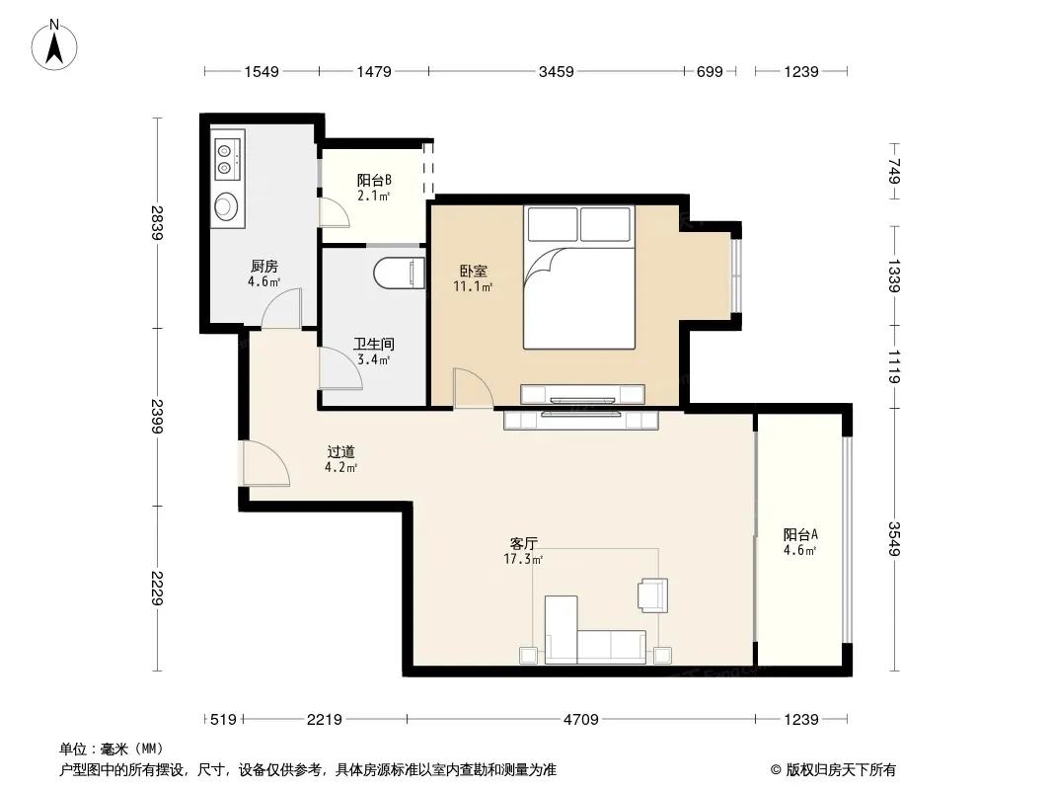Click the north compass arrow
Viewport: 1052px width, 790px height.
click(54, 48)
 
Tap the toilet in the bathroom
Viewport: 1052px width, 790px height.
click(400, 273)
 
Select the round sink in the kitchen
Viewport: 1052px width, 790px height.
click(225, 205)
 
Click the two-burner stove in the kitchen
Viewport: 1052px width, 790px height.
click(226, 158)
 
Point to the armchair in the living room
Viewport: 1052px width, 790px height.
click(652, 595)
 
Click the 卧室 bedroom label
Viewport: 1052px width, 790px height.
click(473, 272)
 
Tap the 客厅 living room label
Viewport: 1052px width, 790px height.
click(523, 543)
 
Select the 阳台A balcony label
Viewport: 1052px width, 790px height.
click(800, 534)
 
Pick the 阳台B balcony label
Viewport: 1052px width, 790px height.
click(374, 180)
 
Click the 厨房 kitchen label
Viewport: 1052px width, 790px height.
click(263, 267)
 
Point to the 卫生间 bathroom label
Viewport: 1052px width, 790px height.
click(374, 345)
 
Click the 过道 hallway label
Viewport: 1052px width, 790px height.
click(340, 452)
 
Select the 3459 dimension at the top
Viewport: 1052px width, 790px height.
click(557, 72)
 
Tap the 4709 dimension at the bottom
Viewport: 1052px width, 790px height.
click(580, 720)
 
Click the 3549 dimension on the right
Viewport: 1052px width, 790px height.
click(894, 539)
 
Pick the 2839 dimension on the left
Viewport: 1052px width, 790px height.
click(157, 223)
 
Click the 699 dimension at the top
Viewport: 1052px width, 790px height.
click(710, 72)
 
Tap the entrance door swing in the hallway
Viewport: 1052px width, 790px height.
click(265, 463)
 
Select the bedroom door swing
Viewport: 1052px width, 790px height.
click(473, 388)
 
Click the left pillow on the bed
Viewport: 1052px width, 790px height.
click(553, 224)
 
